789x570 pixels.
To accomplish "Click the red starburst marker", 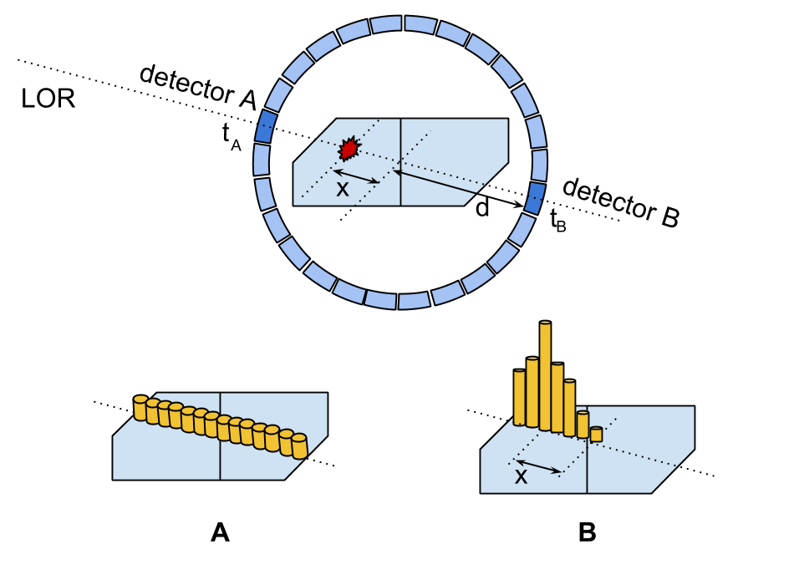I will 349,149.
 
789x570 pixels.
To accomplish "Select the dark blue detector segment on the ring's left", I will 265,126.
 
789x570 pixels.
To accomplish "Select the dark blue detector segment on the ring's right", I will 535,198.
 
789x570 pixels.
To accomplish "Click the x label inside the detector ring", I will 342,190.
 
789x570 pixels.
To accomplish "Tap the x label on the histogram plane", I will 521,477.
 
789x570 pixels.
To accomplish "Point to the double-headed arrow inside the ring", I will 356,176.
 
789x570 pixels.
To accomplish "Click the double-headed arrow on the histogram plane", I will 538,466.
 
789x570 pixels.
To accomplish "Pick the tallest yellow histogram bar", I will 545,376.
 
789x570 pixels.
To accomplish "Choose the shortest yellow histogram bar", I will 596,435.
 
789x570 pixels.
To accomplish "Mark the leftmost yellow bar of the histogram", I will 519,398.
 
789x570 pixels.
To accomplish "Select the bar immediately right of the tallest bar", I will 557,398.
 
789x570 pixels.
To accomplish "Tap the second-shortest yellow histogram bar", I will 583,425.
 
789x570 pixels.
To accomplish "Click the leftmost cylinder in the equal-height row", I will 140,408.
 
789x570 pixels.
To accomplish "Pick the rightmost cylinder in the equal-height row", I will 299,446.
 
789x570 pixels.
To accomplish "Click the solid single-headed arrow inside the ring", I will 435,182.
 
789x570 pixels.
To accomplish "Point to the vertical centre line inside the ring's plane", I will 400,162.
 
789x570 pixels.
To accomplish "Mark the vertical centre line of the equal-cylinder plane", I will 220,455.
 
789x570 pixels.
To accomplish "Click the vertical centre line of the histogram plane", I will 587,468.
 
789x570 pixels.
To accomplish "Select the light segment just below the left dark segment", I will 262,160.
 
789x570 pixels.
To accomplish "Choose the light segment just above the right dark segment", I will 540,165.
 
